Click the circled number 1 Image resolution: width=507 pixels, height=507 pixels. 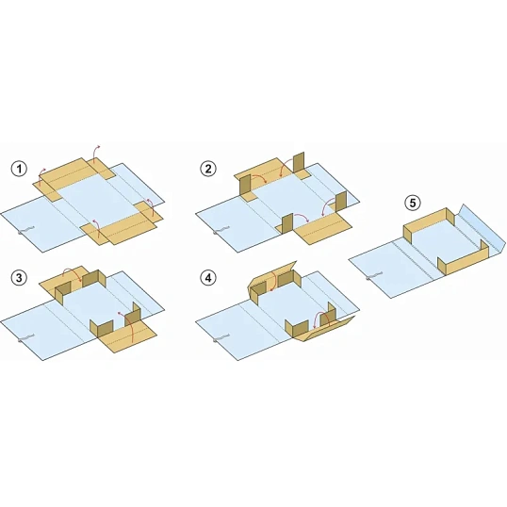click(19, 169)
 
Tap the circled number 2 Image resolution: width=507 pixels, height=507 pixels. click(208, 169)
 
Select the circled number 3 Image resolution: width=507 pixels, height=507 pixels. click(19, 278)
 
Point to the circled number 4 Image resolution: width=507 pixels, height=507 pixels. click(208, 278)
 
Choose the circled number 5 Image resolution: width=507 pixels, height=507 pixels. click(413, 203)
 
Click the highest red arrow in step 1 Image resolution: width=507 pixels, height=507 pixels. click(94, 152)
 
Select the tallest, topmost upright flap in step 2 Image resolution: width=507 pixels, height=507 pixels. click(299, 163)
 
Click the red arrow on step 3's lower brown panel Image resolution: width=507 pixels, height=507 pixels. click(128, 324)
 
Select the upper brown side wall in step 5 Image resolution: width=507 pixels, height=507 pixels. click(429, 223)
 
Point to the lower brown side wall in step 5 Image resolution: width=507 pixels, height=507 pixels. click(463, 259)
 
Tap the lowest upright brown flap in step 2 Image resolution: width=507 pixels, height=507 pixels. click(287, 223)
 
